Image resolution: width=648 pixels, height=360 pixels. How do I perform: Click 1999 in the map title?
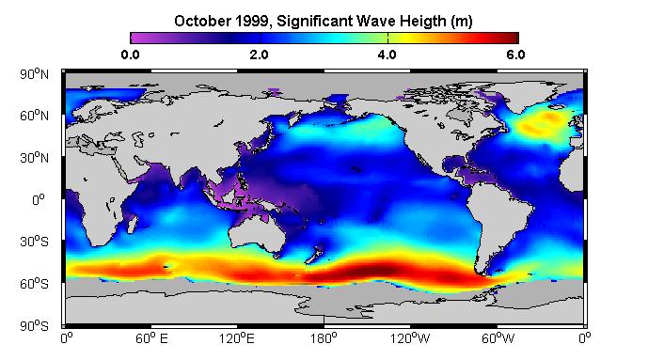pyautogui.click(x=253, y=21)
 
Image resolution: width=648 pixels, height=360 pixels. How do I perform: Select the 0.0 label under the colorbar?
pyautogui.click(x=130, y=55)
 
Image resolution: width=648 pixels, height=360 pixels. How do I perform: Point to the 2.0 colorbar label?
pyautogui.click(x=260, y=55)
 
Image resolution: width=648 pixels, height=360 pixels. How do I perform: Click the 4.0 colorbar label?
pyautogui.click(x=387, y=55)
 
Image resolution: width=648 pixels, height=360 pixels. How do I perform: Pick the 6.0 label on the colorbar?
pyautogui.click(x=515, y=55)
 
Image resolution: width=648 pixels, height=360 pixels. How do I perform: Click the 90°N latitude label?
pyautogui.click(x=34, y=74)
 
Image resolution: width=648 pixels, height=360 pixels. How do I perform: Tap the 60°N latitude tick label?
pyautogui.click(x=34, y=116)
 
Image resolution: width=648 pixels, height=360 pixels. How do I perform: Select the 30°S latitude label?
pyautogui.click(x=34, y=242)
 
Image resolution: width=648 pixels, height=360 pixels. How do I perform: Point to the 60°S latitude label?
pyautogui.click(x=34, y=284)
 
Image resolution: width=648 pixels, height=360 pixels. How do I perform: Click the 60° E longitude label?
pyautogui.click(x=151, y=338)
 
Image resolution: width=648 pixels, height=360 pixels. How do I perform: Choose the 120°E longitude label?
pyautogui.click(x=237, y=338)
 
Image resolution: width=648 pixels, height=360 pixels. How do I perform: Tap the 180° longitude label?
pyautogui.click(x=324, y=338)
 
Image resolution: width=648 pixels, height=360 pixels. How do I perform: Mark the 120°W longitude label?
pyautogui.click(x=410, y=338)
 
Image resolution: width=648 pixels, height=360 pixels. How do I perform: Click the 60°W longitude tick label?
pyautogui.click(x=498, y=338)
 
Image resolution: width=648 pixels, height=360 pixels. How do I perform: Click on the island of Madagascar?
pyautogui.click(x=133, y=224)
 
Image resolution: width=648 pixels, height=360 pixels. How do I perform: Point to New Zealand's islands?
pyautogui.click(x=315, y=254)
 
